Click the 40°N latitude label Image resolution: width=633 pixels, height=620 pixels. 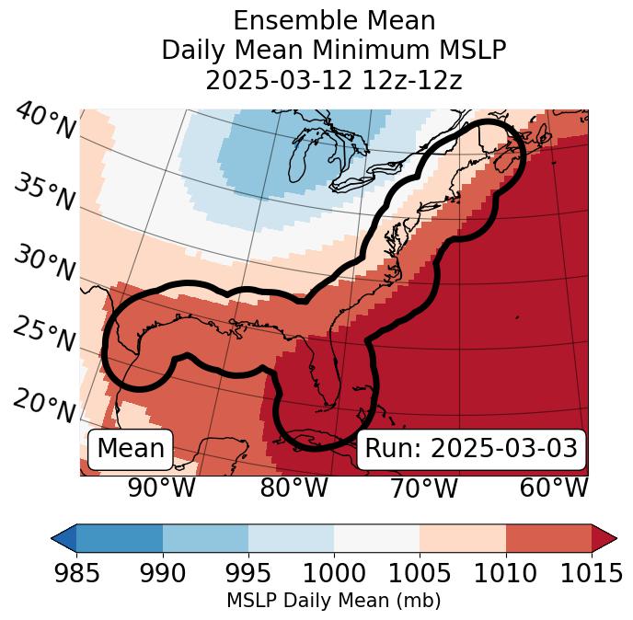tap(45, 121)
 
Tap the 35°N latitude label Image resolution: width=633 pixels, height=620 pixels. tap(43, 193)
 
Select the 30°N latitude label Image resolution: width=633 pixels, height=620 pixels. tap(43, 264)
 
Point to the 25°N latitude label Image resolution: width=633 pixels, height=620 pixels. tap(43, 334)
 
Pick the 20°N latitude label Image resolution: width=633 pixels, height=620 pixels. tap(43, 405)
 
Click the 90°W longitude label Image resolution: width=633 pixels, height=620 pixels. tap(162, 488)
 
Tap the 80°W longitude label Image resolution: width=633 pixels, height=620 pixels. tap(293, 488)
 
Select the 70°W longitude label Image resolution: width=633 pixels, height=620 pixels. tap(424, 488)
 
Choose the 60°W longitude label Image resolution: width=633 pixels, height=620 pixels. tap(554, 488)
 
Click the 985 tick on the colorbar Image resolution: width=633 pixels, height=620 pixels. tap(76, 574)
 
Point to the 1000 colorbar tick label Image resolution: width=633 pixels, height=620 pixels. tap(334, 574)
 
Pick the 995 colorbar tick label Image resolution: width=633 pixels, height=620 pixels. tap(247, 574)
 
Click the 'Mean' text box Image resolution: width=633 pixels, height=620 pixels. tap(131, 449)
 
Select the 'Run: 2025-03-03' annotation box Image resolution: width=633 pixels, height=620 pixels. tap(471, 449)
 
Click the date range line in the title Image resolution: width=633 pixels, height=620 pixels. tap(334, 80)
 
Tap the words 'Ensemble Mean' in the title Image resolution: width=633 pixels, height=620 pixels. tap(334, 20)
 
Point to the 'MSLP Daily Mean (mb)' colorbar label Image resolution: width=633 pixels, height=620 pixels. tap(334, 602)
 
